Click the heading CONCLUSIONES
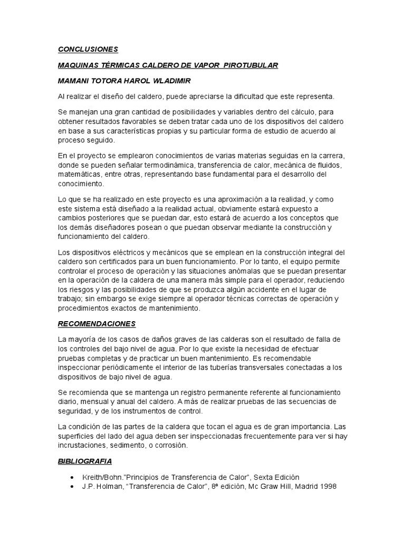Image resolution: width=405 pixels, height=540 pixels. [x=88, y=50]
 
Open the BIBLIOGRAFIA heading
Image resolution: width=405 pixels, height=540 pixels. [x=85, y=461]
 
